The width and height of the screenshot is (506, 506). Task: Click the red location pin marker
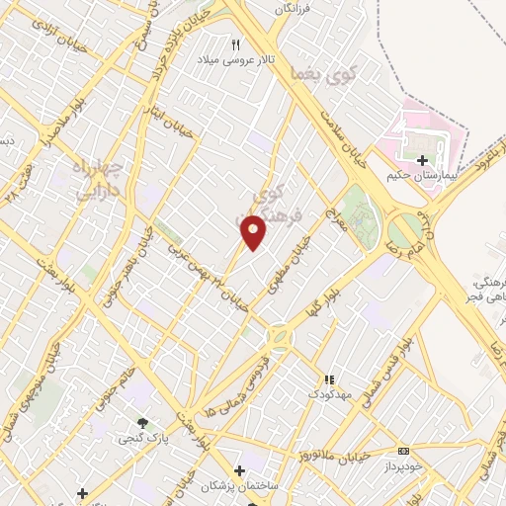[254, 231]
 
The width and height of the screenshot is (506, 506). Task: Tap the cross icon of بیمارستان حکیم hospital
[422, 160]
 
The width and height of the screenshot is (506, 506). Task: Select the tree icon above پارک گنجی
[145, 422]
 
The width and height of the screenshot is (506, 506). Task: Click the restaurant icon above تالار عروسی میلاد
[235, 45]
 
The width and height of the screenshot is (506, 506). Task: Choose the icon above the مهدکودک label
[330, 379]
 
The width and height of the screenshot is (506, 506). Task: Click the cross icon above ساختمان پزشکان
[239, 470]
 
